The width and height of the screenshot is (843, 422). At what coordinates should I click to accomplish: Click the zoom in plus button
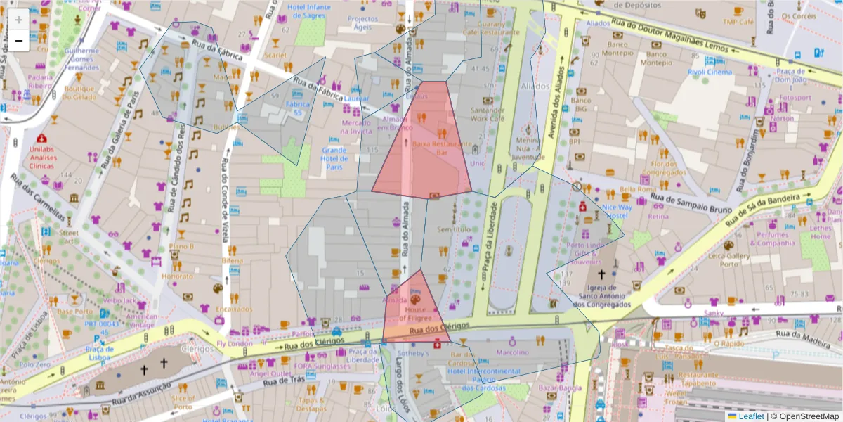(x=19, y=20)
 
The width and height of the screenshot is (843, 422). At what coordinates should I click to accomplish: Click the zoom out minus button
(x=19, y=41)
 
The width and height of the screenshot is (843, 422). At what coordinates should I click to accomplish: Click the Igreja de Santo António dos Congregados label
(x=601, y=295)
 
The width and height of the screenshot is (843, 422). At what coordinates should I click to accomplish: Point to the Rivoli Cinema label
(x=709, y=72)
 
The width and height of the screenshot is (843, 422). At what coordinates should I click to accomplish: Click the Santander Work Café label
(x=487, y=115)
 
